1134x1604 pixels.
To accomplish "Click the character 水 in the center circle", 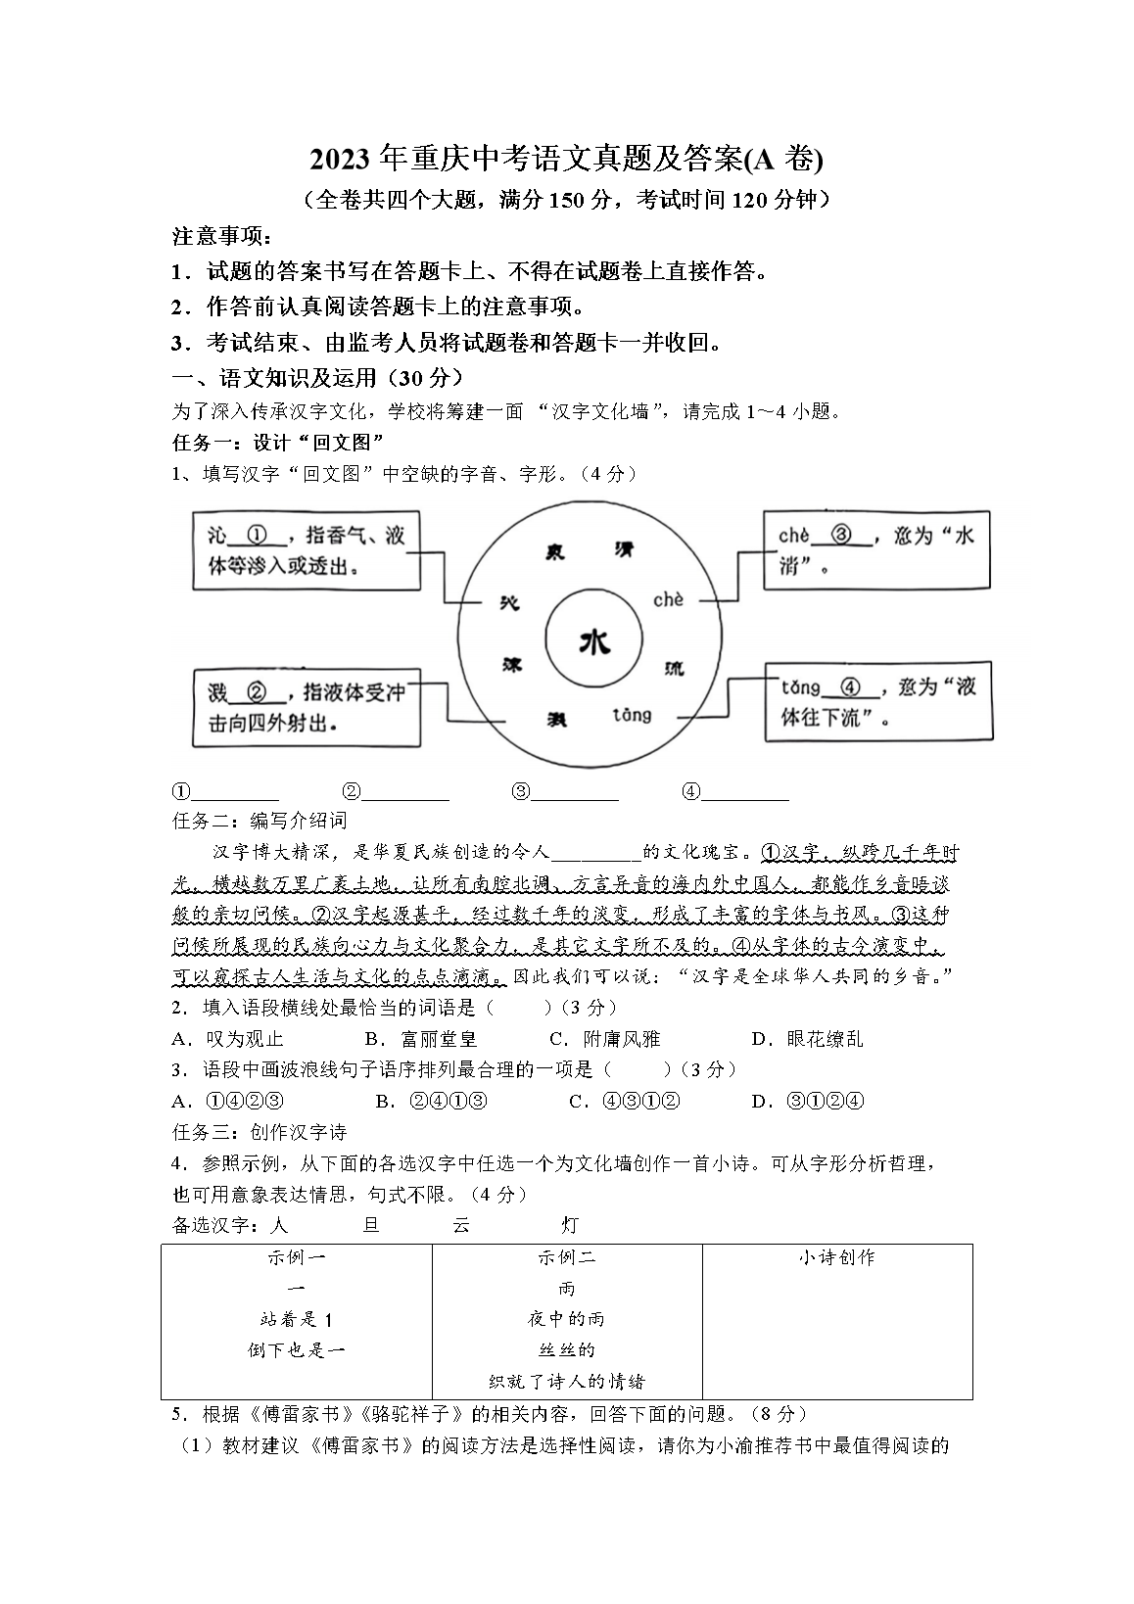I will point(594,642).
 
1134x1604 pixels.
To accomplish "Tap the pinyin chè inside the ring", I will point(668,599).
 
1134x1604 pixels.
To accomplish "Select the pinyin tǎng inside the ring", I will point(631,716).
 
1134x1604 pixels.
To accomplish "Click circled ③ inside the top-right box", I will point(841,536).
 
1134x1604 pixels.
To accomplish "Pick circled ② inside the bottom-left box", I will point(257,692).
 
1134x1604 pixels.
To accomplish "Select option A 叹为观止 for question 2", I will point(229,1039).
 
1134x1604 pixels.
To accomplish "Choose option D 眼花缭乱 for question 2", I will point(808,1039).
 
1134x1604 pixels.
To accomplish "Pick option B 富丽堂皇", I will point(421,1039).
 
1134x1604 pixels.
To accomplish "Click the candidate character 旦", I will point(371,1224).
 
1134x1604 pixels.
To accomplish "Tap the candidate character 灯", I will point(570,1224).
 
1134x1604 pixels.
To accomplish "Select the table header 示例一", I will point(297,1257).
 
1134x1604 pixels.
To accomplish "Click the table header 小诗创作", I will point(837,1257).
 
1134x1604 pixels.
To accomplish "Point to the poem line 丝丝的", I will point(567,1350).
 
